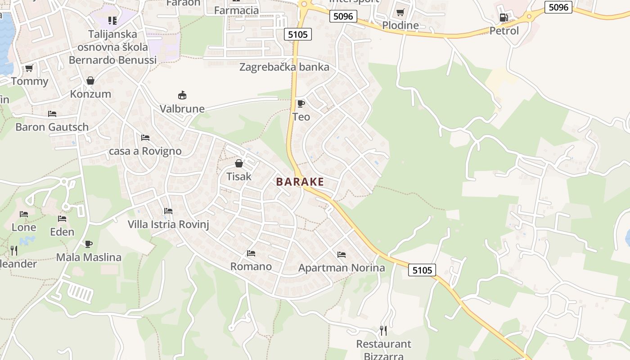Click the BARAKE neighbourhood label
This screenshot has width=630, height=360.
pos(300,182)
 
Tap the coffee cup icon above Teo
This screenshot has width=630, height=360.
pos(301,104)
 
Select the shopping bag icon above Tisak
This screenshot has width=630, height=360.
pos(239,163)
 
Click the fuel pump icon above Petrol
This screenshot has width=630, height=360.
pos(504,18)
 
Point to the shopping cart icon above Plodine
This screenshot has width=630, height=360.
pos(400,12)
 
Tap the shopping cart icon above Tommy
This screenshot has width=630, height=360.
pos(29,68)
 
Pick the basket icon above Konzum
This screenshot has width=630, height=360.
pos(90,81)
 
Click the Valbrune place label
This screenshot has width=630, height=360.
pos(182,109)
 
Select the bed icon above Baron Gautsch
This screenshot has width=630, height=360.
pos(52,114)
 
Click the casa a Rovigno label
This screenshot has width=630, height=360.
pos(145,151)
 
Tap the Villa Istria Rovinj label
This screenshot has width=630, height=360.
pos(168,224)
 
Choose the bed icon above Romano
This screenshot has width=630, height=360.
pos(251,254)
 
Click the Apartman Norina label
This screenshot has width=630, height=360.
pos(342,268)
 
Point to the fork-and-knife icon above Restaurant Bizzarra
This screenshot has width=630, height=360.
pos(383,331)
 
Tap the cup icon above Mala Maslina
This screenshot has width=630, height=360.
pos(89,244)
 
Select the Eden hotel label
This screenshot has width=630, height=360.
pos(62,232)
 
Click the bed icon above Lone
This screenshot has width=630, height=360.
pos(24,214)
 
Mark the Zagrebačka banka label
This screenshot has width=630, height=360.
pos(284,67)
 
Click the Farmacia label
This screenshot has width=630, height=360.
pos(237,10)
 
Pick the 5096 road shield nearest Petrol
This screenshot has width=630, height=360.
pos(558,7)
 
